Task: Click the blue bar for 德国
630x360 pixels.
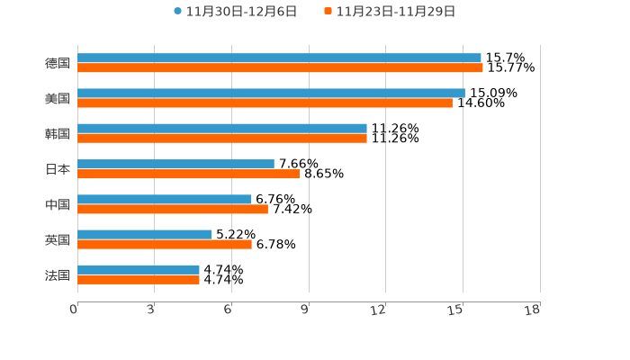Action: [279, 58]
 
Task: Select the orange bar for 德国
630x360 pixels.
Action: [280, 67]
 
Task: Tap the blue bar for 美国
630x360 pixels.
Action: [271, 93]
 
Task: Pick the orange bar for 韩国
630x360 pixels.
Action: [222, 138]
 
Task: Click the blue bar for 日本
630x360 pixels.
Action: [175, 164]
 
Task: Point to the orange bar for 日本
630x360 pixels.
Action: [188, 174]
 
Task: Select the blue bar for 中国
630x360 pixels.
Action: [165, 199]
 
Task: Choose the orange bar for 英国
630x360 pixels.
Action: [165, 244]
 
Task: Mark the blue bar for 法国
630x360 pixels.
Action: [139, 269]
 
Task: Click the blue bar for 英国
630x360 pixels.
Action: [145, 234]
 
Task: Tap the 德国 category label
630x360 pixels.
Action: [58, 63]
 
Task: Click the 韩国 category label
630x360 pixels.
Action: [58, 133]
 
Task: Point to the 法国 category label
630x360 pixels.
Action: [58, 274]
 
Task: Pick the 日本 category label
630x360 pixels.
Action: [58, 168]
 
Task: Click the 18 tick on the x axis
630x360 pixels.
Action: [533, 310]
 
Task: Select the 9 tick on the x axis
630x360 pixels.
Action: [305, 310]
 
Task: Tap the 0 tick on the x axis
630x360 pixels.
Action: [74, 310]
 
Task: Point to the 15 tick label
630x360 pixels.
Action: [456, 310]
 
